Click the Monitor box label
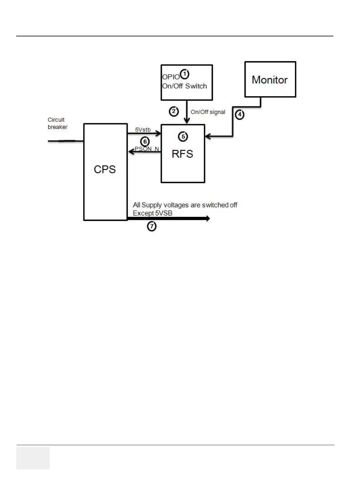tap(270, 80)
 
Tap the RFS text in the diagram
tap(182, 154)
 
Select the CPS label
tap(105, 169)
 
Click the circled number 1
tap(184, 74)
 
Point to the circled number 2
tap(174, 112)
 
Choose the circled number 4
tap(240, 115)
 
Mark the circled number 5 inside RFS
tap(183, 137)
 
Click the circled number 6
tap(145, 141)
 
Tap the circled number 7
tap(152, 226)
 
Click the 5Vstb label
tap(143, 130)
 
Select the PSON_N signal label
tap(147, 149)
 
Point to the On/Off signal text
tap(208, 112)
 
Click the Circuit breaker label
tap(57, 123)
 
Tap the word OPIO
tap(171, 77)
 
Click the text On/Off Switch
tap(184, 86)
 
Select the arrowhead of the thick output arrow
tap(208, 218)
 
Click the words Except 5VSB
tap(153, 213)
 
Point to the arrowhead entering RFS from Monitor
tap(207, 137)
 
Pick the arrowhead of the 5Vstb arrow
tap(158, 133)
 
